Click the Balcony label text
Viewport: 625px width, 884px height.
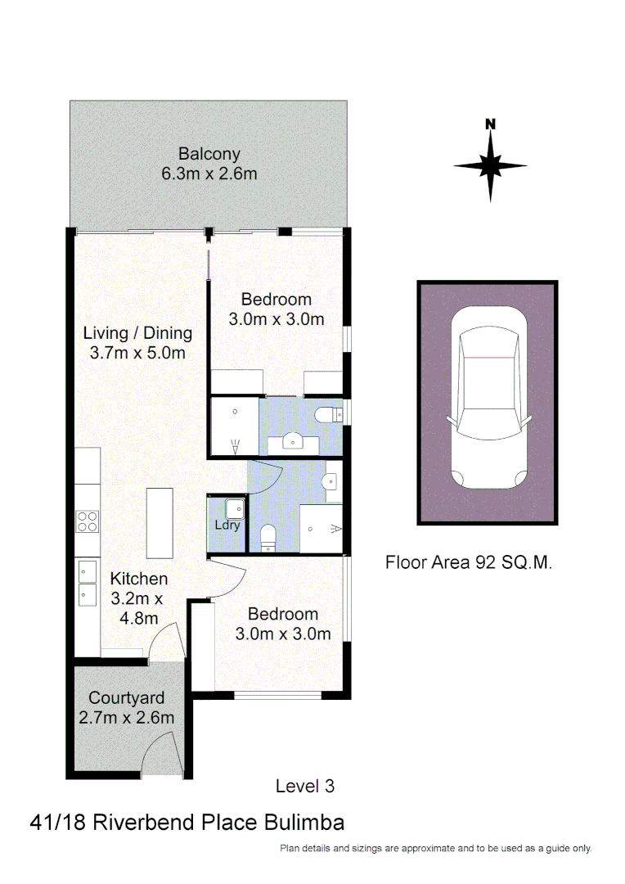tap(209, 154)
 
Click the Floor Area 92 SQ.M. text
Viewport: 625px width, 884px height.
tap(469, 563)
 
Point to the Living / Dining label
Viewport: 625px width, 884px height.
tap(137, 333)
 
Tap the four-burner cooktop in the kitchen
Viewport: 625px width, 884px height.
tap(87, 521)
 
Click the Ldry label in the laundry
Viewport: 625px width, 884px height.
tap(227, 525)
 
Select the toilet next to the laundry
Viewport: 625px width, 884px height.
tap(267, 538)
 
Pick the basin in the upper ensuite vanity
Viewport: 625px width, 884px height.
tap(294, 443)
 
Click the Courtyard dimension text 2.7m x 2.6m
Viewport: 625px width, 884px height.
tap(127, 718)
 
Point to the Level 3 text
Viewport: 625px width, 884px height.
tap(305, 787)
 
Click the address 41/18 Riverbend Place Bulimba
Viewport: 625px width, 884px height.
tap(187, 823)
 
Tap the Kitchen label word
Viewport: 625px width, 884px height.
tap(139, 579)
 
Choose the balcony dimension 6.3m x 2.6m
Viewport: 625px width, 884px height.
tap(209, 174)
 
